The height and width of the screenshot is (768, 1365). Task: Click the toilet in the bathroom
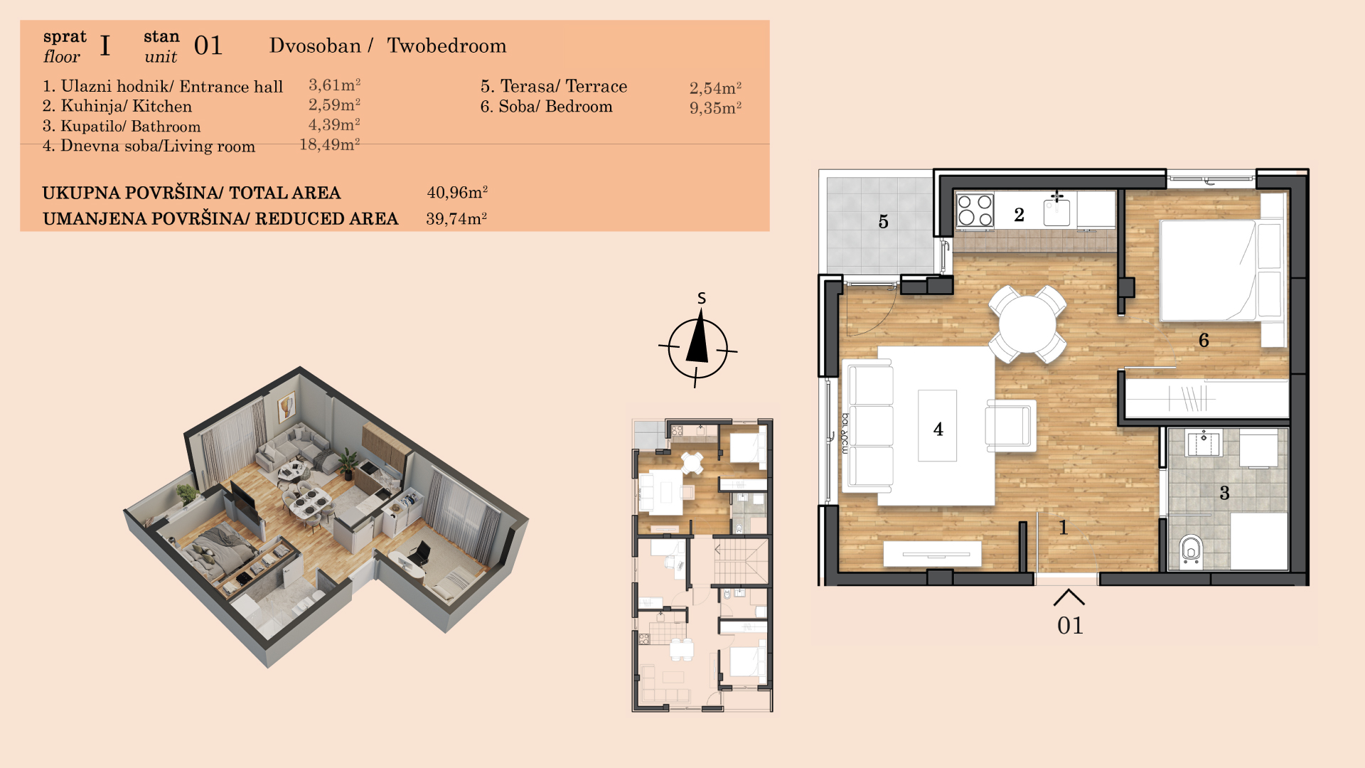[x=1191, y=550]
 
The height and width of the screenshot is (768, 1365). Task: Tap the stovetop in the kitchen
[x=975, y=210]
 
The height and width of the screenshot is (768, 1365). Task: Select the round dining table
[x=1027, y=324]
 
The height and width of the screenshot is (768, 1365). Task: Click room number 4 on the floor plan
[x=938, y=429]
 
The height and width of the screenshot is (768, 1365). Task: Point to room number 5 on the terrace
[x=884, y=222]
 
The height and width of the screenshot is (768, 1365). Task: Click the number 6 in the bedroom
[x=1204, y=340]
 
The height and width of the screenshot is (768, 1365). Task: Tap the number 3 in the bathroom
[x=1224, y=493]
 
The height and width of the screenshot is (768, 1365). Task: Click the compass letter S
[x=702, y=298]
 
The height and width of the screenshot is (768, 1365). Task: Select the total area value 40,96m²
[x=457, y=192]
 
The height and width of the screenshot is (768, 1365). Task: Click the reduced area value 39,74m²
[x=456, y=218]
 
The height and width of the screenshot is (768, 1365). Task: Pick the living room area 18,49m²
[x=330, y=144]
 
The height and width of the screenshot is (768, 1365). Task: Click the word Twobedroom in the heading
[x=446, y=46]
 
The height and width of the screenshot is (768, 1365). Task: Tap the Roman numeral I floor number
[x=105, y=46]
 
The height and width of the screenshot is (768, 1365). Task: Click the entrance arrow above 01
[x=1069, y=597]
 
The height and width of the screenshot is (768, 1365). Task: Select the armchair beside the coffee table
[x=1010, y=425]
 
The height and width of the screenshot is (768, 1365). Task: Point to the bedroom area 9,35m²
[x=715, y=107]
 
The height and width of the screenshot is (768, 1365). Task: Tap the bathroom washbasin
[x=1204, y=443]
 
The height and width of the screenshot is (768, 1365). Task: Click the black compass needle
[x=698, y=339]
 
